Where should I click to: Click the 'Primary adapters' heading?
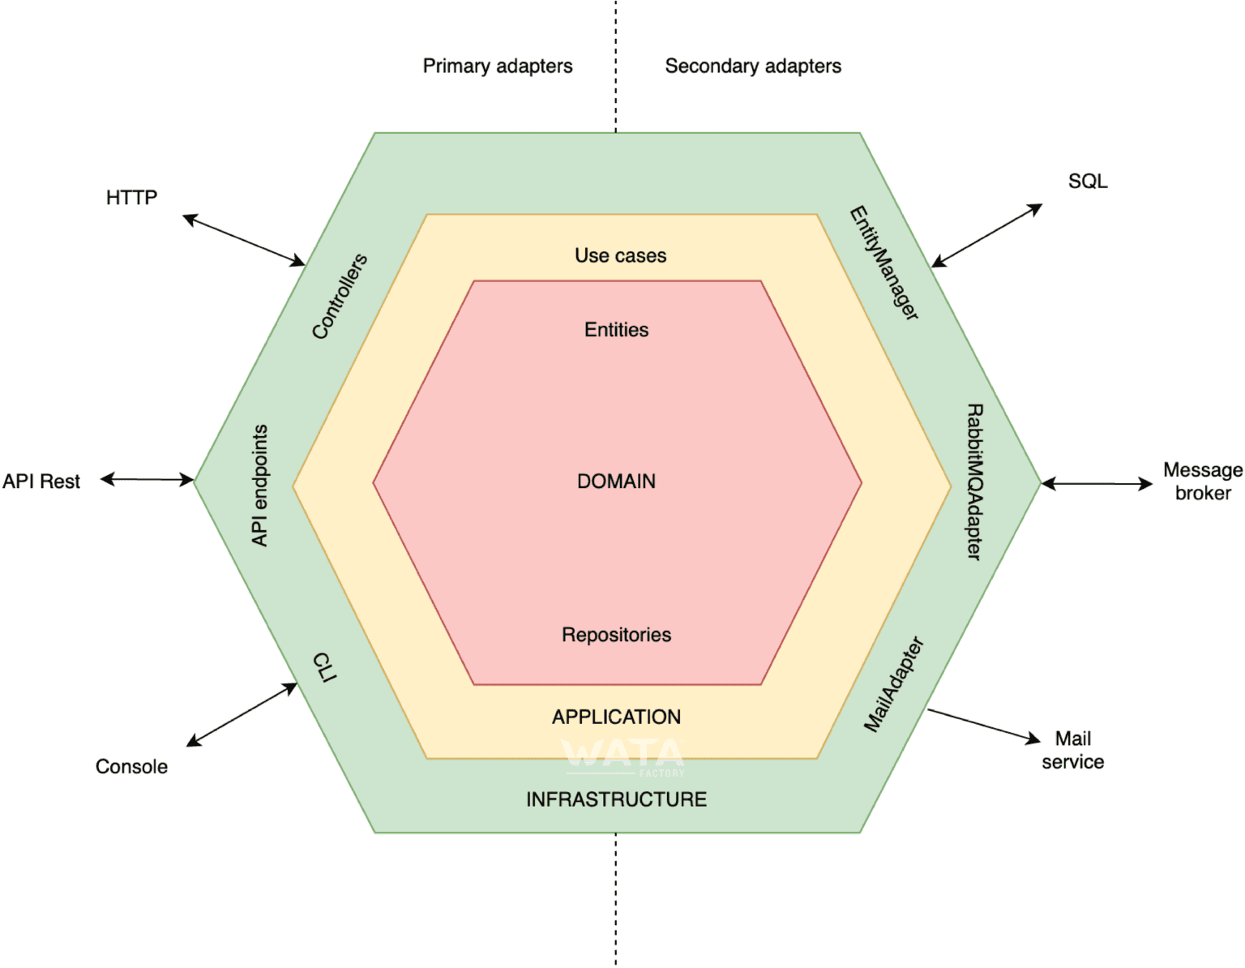[497, 66]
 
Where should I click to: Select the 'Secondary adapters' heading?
[752, 66]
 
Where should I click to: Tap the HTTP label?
[131, 198]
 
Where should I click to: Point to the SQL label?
[1087, 181]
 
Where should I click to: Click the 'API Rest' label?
[41, 482]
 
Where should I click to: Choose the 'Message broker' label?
[1202, 482]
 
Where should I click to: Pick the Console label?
[131, 766]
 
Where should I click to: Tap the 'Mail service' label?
[1072, 750]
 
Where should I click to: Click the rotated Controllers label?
[340, 296]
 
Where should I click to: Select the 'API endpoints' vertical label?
[259, 485]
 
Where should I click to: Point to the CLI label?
[324, 667]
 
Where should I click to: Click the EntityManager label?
[883, 263]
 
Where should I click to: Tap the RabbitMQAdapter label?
[974, 482]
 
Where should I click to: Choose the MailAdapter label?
[893, 685]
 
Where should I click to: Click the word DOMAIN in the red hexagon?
[616, 482]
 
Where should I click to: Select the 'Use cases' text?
[620, 255]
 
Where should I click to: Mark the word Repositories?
[616, 635]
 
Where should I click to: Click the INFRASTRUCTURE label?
[616, 799]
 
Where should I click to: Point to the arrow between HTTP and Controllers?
[243, 240]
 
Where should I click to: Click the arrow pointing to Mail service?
[984, 725]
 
